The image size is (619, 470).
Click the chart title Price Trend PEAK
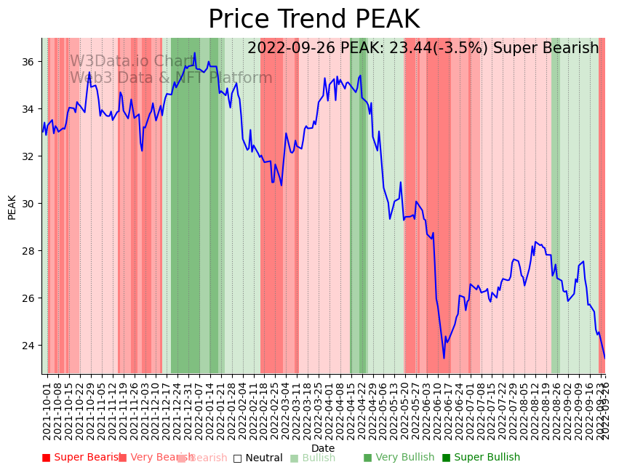click(x=314, y=20)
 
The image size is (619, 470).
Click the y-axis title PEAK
click(x=12, y=207)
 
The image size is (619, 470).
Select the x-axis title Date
click(x=323, y=448)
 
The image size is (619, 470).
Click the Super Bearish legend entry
click(x=81, y=458)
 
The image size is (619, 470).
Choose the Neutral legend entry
click(x=258, y=458)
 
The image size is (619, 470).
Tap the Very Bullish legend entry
click(x=399, y=458)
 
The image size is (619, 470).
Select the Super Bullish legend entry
click(x=481, y=458)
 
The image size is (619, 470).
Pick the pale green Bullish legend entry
click(x=313, y=458)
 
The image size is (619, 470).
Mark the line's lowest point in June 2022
click(x=444, y=358)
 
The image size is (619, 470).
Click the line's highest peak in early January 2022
click(x=195, y=52)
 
